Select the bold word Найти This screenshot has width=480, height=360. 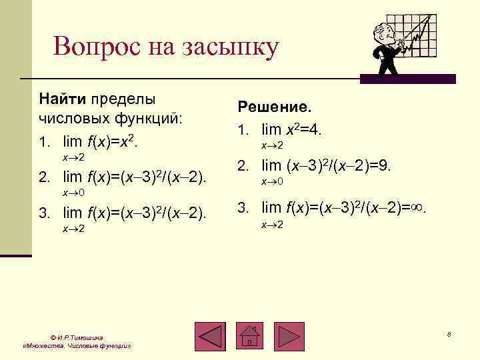pos(62,99)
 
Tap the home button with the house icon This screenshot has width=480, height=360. pos(251,336)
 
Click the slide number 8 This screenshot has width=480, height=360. pos(449,333)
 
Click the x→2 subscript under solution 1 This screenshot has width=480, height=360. pos(272,145)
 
